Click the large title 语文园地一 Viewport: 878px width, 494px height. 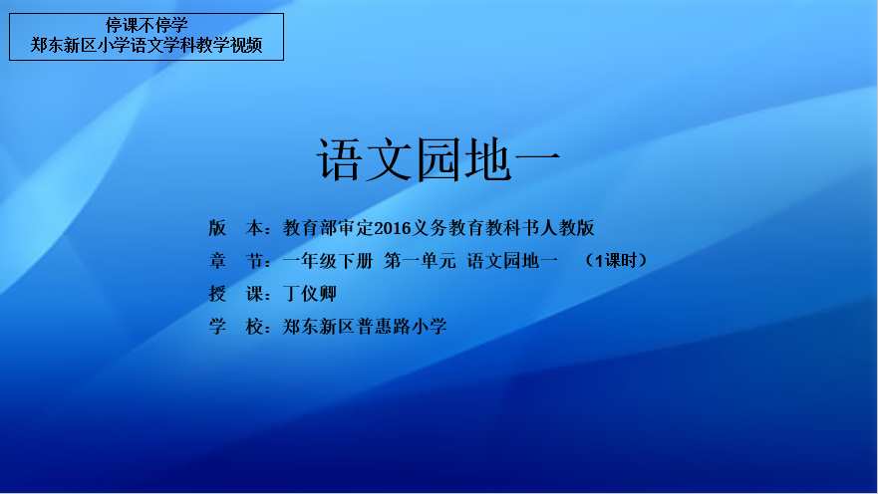click(x=439, y=160)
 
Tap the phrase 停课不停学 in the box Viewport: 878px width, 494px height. click(x=146, y=25)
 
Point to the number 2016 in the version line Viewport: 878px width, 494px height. click(x=392, y=228)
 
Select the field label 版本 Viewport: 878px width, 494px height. click(x=236, y=228)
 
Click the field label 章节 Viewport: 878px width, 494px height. click(x=236, y=261)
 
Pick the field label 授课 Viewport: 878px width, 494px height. click(x=236, y=294)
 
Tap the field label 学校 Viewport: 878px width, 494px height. click(x=236, y=326)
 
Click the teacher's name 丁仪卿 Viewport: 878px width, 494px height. click(x=310, y=294)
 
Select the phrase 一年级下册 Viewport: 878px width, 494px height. click(x=328, y=261)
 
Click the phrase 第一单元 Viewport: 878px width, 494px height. click(x=420, y=261)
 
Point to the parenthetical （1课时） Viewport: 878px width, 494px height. click(x=615, y=261)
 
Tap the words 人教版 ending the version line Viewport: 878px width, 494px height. click(x=567, y=228)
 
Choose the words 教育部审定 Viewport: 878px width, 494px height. click(x=328, y=228)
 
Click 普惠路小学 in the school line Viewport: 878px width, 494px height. click(x=402, y=326)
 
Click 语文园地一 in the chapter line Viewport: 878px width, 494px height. click(x=512, y=261)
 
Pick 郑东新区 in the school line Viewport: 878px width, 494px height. click(x=319, y=326)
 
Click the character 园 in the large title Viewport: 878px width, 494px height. click(x=439, y=160)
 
